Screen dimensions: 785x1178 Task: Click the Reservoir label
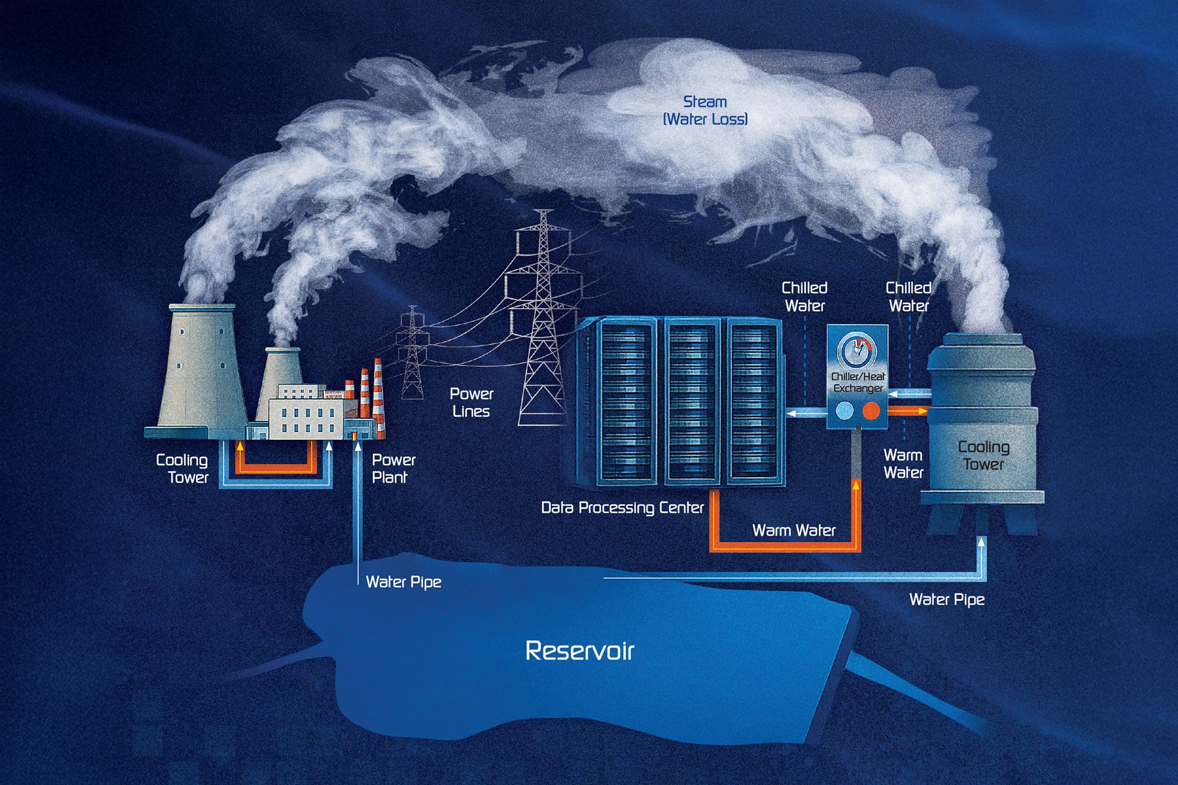point(580,651)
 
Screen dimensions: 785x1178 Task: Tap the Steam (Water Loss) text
point(705,110)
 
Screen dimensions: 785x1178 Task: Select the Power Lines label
point(471,402)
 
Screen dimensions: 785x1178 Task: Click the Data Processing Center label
point(622,508)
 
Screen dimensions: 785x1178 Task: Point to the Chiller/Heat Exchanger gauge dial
point(857,351)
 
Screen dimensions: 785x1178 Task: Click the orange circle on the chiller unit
point(871,410)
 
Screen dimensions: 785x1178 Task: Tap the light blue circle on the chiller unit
point(845,410)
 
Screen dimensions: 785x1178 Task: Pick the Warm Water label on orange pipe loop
point(793,531)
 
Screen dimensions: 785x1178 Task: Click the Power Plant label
point(393,468)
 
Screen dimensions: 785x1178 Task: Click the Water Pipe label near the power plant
point(403,582)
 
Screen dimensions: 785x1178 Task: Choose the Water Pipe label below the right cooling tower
point(947,599)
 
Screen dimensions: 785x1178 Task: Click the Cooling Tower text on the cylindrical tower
point(984,455)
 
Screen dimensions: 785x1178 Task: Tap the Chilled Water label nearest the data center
point(805,296)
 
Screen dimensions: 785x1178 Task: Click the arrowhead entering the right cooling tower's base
point(981,541)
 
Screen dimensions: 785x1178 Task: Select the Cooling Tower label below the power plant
point(183,468)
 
